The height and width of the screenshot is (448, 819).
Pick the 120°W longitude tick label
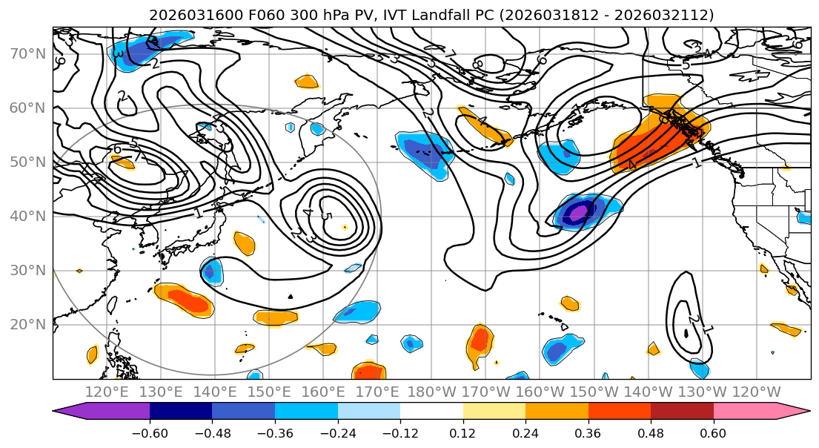pyautogui.click(x=756, y=392)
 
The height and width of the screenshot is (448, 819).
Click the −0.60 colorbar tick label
pyautogui.click(x=150, y=432)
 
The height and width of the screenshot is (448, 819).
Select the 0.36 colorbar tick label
pyautogui.click(x=588, y=432)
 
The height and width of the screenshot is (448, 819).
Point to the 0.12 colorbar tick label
pyautogui.click(x=462, y=432)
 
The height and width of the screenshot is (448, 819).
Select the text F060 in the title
pyautogui.click(x=237, y=15)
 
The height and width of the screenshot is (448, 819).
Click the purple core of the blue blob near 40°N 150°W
pyautogui.click(x=577, y=213)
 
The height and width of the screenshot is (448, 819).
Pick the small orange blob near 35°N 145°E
pyautogui.click(x=244, y=243)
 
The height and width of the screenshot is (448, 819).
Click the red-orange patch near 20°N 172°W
pyautogui.click(x=480, y=340)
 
